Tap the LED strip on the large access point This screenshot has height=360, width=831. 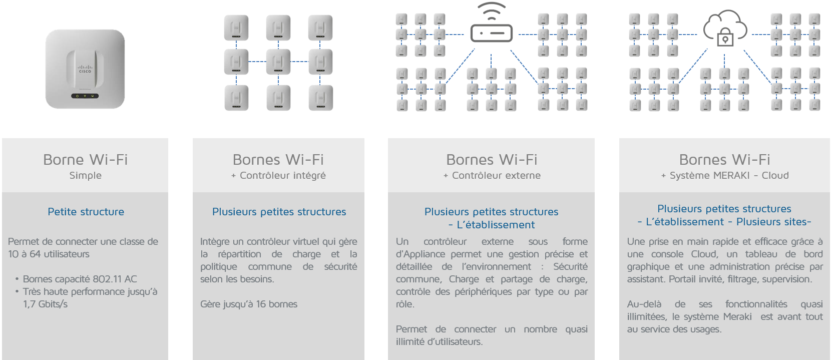click(x=85, y=96)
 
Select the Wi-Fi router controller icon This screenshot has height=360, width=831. click(x=492, y=33)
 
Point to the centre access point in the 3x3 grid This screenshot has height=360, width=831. click(x=278, y=62)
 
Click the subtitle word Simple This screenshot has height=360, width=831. click(x=85, y=175)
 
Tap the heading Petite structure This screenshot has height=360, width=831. click(x=86, y=212)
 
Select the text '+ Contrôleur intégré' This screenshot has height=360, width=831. click(x=278, y=175)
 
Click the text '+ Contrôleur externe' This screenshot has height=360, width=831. click(x=492, y=175)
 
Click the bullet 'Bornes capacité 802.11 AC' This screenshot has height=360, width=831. click(x=80, y=279)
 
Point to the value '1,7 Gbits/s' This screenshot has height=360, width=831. click(x=45, y=304)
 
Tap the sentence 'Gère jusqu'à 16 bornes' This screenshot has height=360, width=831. click(x=249, y=304)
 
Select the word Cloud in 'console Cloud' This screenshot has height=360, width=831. click(x=704, y=254)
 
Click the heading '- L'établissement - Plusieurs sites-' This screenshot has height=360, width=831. click(x=724, y=222)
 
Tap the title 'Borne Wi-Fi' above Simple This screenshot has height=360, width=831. click(x=85, y=159)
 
